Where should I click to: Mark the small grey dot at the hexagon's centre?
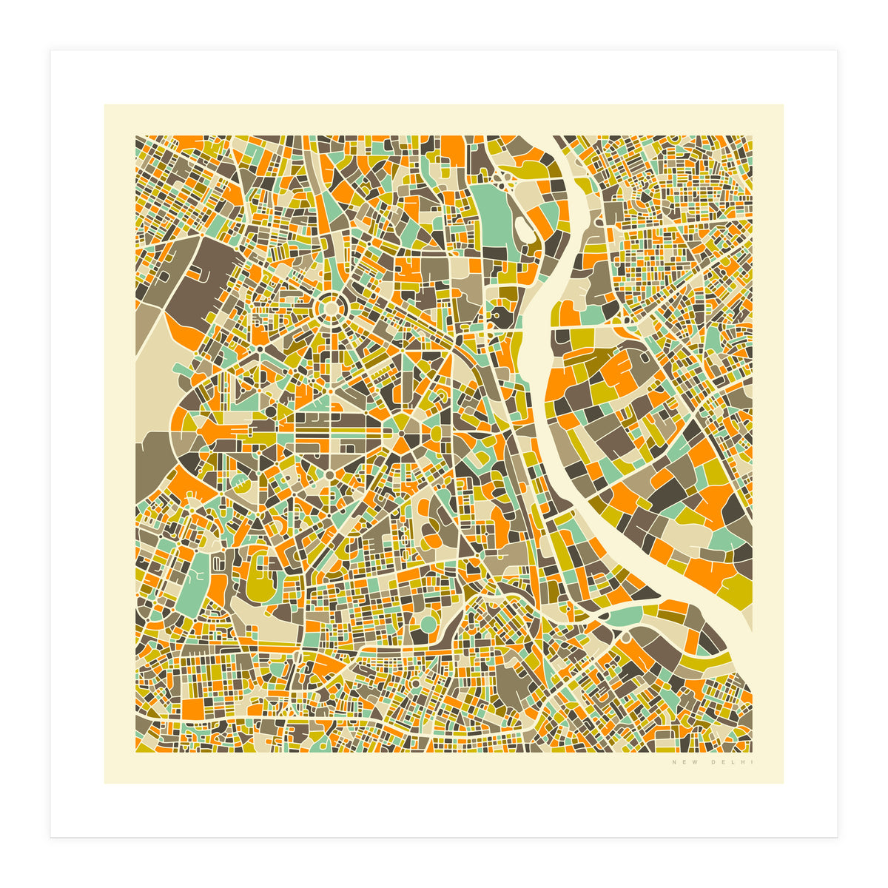(400, 432)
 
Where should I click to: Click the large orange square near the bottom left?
(194, 707)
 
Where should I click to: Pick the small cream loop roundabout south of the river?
(626, 636)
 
